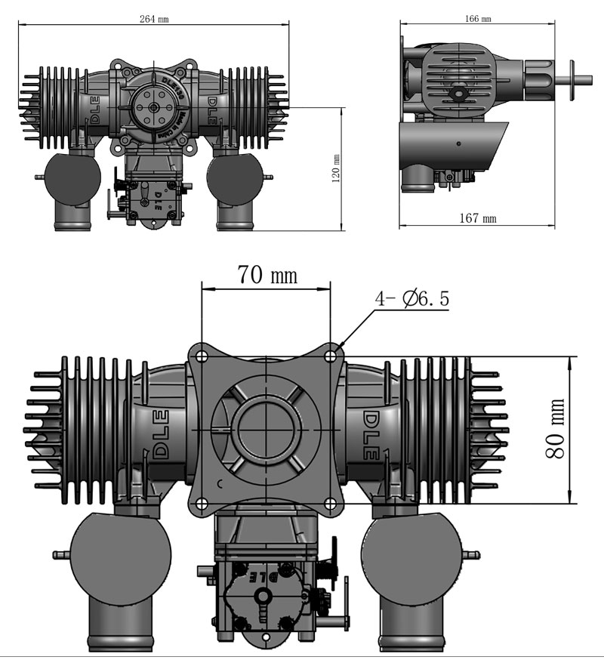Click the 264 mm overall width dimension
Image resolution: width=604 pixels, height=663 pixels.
tap(154, 18)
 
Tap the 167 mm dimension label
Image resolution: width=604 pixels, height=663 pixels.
tap(479, 218)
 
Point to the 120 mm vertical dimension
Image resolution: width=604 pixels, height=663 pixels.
tap(336, 168)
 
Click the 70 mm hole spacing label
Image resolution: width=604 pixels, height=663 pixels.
tap(267, 275)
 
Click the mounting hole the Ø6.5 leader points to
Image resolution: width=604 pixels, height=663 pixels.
tap(331, 353)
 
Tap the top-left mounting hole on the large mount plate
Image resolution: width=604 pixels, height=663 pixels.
tap(200, 353)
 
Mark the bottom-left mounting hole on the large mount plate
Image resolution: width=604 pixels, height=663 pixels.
tap(200, 503)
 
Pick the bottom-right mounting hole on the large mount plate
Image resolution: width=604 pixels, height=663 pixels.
tap(331, 503)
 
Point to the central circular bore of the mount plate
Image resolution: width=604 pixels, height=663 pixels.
tap(266, 429)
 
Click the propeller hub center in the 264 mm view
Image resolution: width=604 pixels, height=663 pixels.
tap(154, 108)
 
